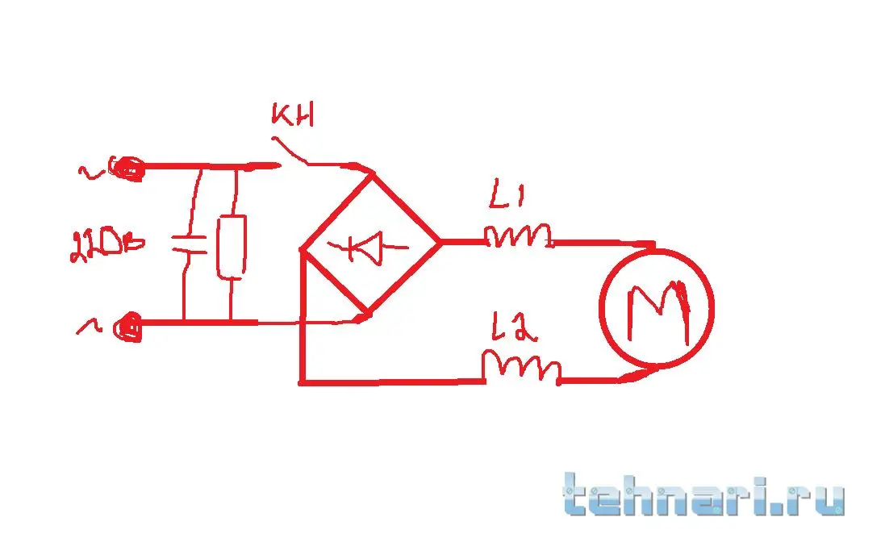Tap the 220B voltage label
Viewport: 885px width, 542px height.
(x=106, y=243)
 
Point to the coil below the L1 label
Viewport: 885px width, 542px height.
(x=519, y=236)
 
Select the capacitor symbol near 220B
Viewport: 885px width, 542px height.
(x=190, y=244)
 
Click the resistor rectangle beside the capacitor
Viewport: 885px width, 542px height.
(x=232, y=247)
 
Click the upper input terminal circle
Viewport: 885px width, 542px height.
(x=127, y=169)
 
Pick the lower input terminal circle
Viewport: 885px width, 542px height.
(x=127, y=327)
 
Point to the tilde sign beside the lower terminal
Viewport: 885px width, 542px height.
(x=86, y=325)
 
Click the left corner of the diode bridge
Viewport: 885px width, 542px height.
(x=302, y=249)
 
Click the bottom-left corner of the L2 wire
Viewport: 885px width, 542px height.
(x=303, y=381)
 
